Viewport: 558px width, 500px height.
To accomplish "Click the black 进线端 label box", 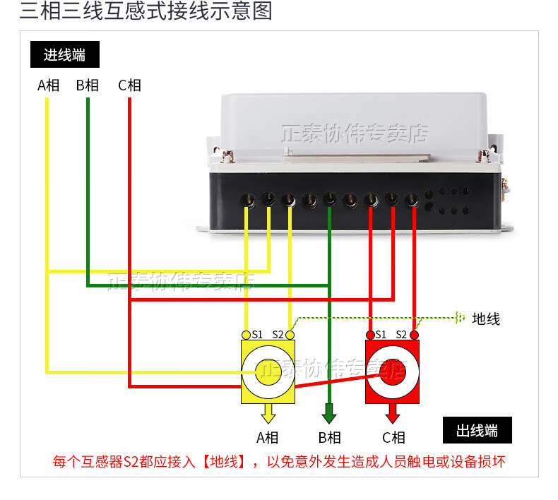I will tap(64, 54).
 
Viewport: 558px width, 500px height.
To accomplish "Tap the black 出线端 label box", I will tap(477, 430).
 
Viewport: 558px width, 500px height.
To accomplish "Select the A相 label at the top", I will tap(48, 85).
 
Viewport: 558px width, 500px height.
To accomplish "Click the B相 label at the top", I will tap(88, 85).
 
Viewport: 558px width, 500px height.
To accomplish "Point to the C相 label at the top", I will tap(129, 85).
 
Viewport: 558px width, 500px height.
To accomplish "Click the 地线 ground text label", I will tap(486, 319).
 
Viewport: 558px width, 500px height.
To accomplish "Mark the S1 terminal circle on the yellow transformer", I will tap(246, 334).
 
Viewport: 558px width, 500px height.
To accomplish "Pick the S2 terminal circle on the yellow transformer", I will tap(290, 334).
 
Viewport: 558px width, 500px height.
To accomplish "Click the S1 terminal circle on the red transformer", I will tap(370, 334).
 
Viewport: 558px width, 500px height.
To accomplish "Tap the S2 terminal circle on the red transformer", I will tap(415, 334).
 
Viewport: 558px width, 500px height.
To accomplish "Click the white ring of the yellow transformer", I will tap(251, 371).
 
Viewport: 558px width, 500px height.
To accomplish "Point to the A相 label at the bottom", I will tap(268, 438).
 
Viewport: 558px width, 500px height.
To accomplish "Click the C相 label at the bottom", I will tap(393, 438).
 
